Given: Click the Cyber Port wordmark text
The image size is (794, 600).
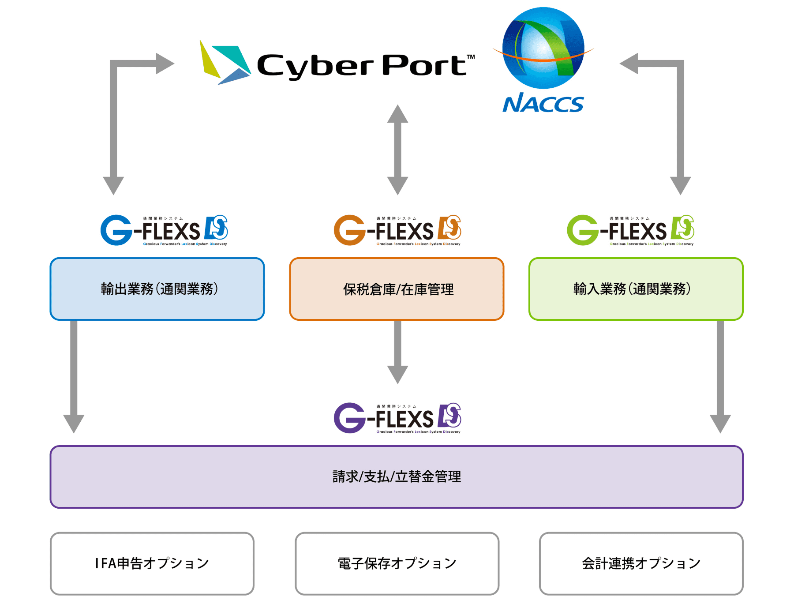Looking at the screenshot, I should tap(362, 66).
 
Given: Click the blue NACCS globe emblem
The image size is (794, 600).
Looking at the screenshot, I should tap(543, 48).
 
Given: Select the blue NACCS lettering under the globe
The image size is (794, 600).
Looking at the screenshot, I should tap(543, 103).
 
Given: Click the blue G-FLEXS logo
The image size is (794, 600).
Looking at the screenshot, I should tap(164, 230).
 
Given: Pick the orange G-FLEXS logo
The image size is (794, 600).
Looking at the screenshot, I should tap(397, 230).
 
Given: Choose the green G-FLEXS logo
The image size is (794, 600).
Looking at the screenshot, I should tap(630, 230).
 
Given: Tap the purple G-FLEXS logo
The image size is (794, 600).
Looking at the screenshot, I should tap(397, 418).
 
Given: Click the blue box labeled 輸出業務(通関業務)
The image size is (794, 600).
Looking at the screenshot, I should tap(157, 289).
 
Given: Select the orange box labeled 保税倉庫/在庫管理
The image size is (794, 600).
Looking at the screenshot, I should tap(397, 289).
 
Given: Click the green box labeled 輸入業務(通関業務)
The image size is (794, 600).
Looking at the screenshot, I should tap(636, 289).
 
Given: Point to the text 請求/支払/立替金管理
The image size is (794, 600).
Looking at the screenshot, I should tap(397, 477).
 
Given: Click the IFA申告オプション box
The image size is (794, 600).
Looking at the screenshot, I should tap(152, 563).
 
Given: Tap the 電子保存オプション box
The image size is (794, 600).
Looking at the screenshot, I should tap(397, 563).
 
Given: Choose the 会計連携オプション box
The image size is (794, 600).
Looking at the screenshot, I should tap(641, 563).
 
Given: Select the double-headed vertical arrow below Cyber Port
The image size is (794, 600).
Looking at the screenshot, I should tap(397, 150).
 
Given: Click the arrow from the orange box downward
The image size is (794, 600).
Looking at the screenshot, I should tap(397, 353).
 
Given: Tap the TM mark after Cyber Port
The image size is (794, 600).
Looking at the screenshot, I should tap(471, 57).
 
